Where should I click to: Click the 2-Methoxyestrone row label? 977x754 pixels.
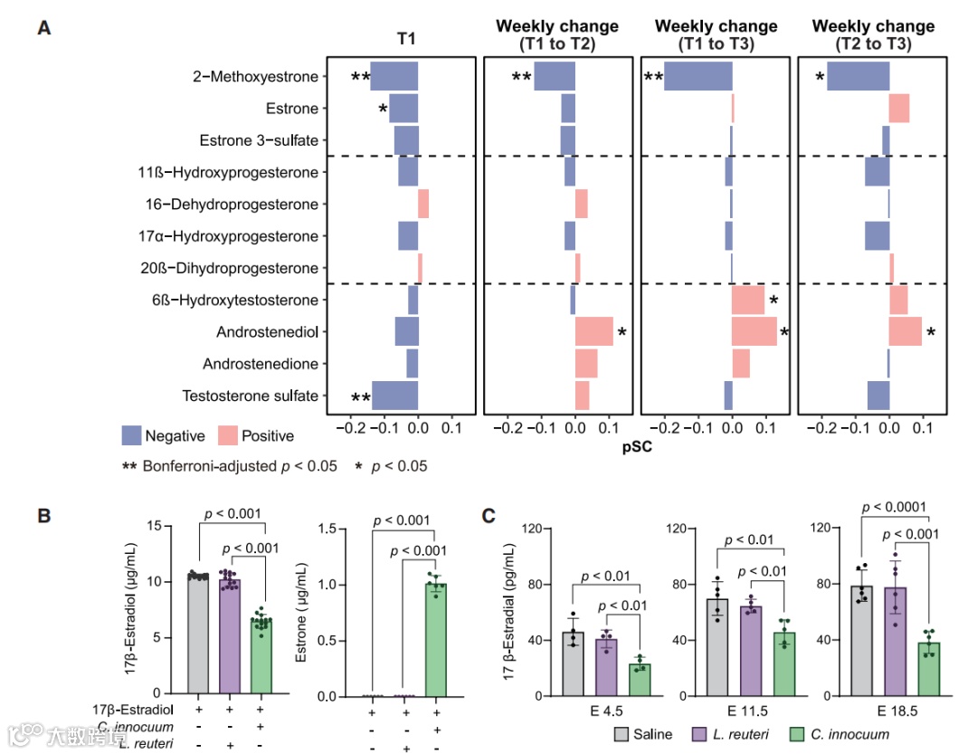(x=255, y=77)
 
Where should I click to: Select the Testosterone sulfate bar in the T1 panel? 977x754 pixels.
(x=395, y=396)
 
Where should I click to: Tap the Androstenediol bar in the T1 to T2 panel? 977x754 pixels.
(x=593, y=332)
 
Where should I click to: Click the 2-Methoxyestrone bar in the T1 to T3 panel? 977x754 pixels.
(x=698, y=77)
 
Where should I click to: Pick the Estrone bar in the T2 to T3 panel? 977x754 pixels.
(x=899, y=109)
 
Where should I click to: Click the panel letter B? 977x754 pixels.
(x=43, y=517)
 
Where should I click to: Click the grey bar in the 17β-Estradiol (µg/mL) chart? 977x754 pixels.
(x=198, y=635)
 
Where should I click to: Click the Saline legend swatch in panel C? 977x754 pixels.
(x=622, y=734)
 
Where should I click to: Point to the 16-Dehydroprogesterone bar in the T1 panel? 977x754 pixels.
(x=423, y=205)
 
